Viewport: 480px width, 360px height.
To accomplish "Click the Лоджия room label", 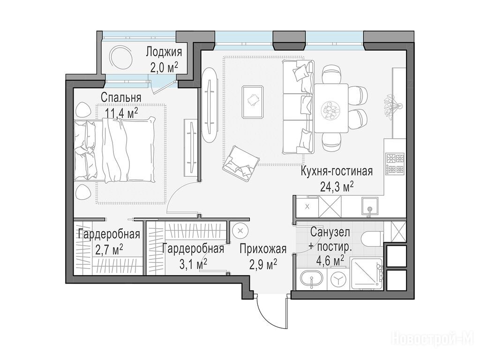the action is [164, 52].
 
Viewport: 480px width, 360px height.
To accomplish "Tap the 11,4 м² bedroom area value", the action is [121, 113].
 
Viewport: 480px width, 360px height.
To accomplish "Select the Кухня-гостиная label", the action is [337, 171].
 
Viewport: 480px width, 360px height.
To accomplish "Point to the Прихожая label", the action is [263, 249].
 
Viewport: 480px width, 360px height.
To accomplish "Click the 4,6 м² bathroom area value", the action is [330, 261].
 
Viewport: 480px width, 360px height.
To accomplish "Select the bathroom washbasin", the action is [311, 279].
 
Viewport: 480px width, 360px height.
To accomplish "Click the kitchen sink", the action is [370, 207].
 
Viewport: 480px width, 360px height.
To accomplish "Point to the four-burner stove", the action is [395, 164].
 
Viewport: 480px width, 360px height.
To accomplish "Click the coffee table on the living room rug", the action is [253, 102].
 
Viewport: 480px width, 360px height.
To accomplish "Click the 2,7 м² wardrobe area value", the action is [109, 249].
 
